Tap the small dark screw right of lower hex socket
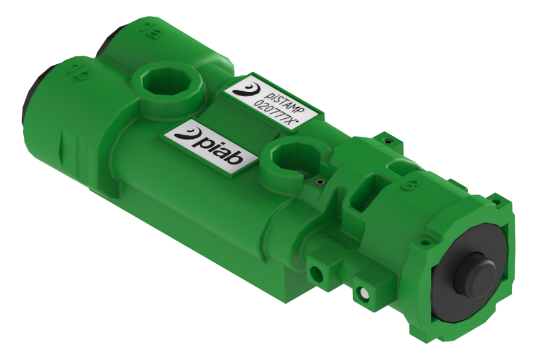(319, 182)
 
